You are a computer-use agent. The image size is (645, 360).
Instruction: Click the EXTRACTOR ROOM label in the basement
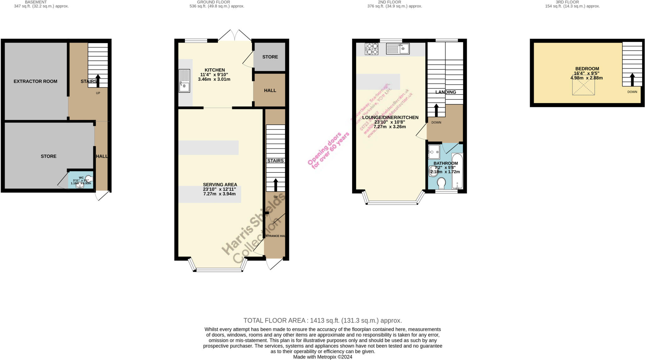(x=35, y=81)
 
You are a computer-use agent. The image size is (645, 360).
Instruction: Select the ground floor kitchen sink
(x=184, y=81)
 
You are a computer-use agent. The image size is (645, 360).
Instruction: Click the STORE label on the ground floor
(x=270, y=57)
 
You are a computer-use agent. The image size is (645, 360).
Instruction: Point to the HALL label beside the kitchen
(x=270, y=90)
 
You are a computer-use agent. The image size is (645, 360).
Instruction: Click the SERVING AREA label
(x=220, y=185)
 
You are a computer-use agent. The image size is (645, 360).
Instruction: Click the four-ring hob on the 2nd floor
(x=372, y=49)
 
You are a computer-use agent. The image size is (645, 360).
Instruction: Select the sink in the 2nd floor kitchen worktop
(x=397, y=49)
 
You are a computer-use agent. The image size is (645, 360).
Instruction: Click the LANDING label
(x=446, y=92)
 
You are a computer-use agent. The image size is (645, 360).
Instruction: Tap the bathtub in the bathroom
(x=457, y=171)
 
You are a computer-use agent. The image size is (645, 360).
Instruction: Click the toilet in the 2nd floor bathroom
(x=442, y=183)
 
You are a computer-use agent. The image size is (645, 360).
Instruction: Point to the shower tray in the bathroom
(x=434, y=152)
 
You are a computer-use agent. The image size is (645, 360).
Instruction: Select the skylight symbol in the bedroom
(x=583, y=87)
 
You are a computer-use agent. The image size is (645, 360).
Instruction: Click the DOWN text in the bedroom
(x=632, y=92)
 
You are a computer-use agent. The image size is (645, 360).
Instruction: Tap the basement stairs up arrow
(x=98, y=81)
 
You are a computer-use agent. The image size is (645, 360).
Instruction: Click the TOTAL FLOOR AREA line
(x=322, y=321)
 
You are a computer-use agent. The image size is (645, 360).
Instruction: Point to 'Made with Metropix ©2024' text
(x=322, y=357)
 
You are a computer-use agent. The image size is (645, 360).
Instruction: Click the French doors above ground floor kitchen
(x=235, y=36)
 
